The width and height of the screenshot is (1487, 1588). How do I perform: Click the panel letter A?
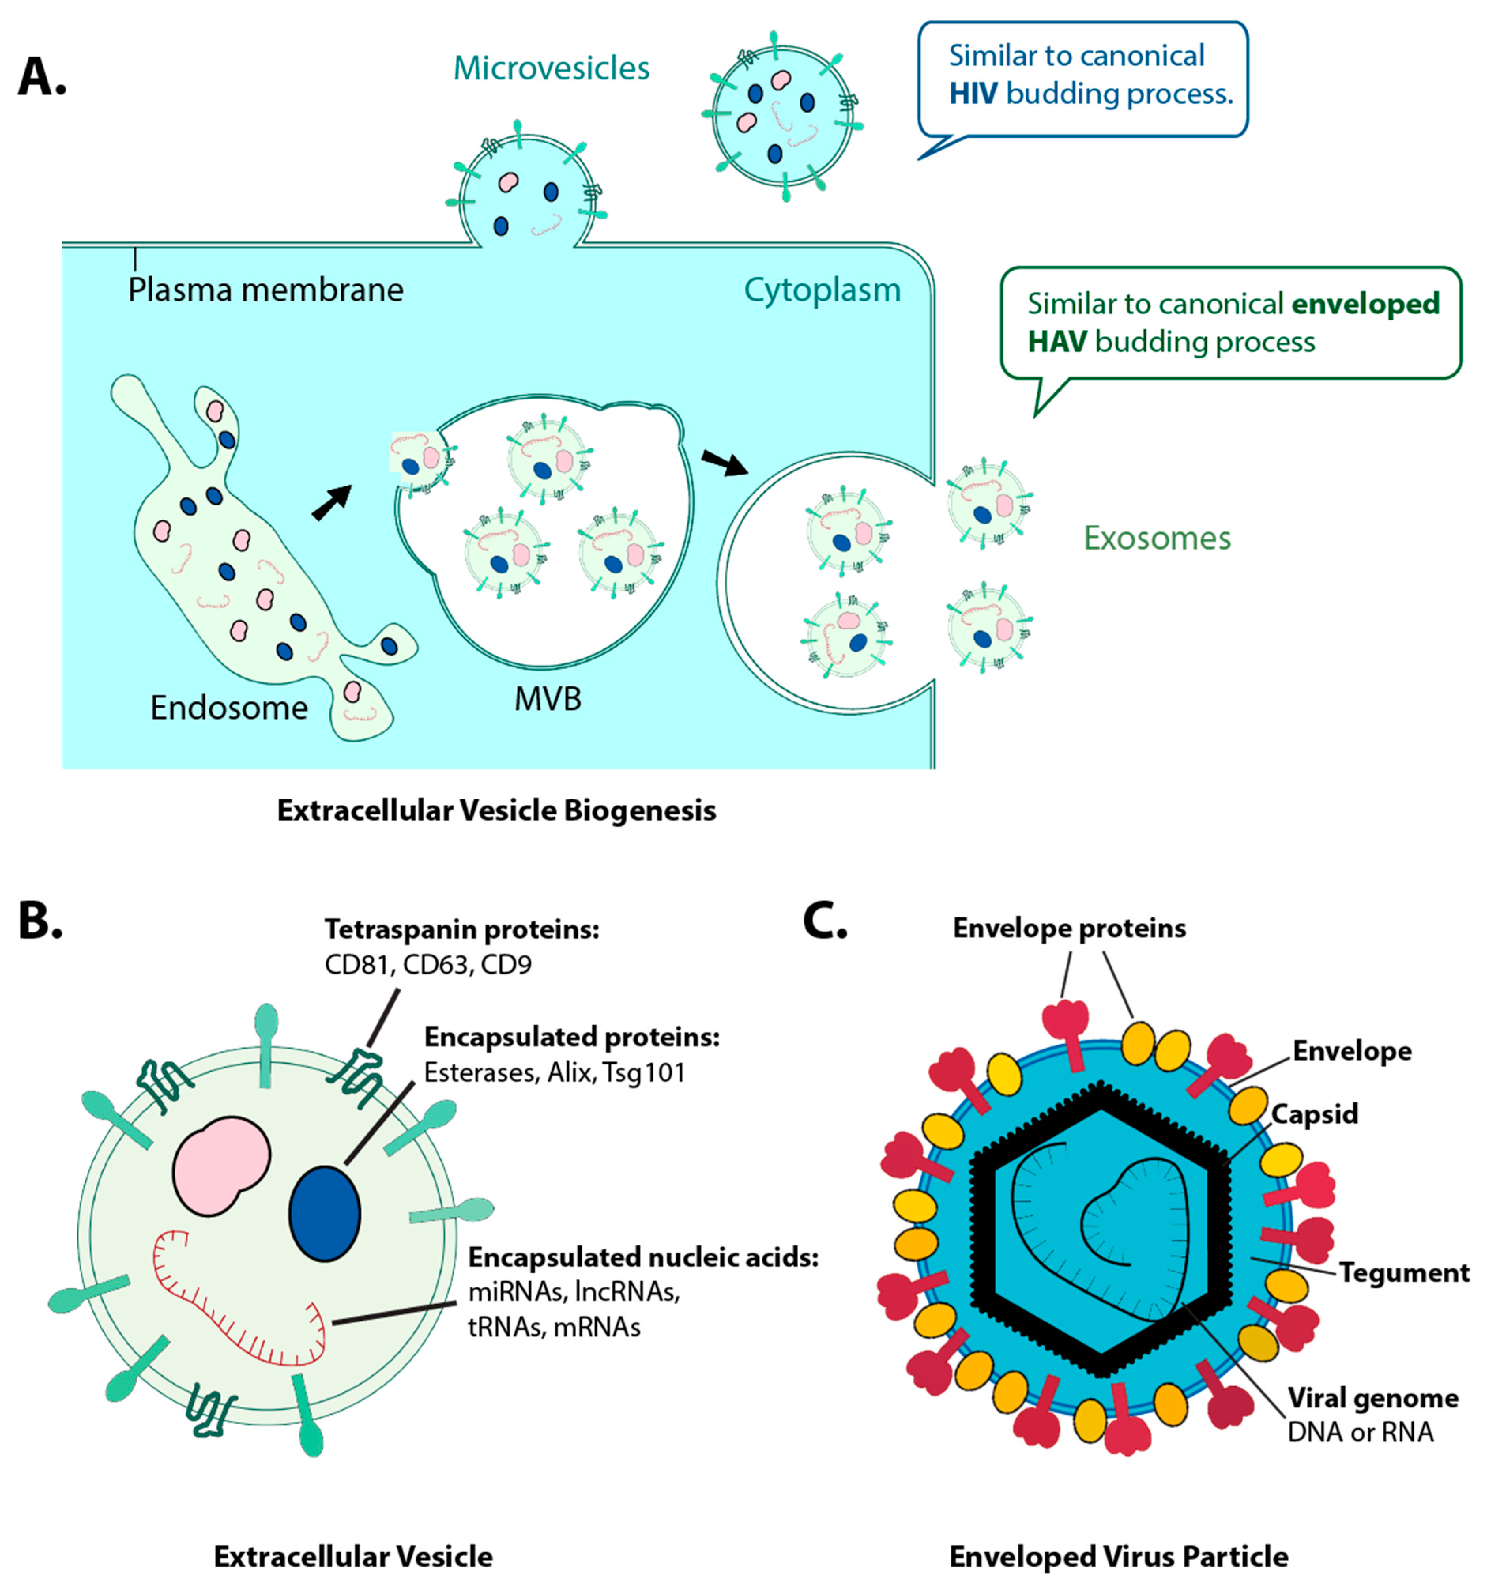coord(41,77)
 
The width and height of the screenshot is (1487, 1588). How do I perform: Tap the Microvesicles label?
coord(551,69)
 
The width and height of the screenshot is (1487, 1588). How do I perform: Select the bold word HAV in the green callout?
coord(1056,342)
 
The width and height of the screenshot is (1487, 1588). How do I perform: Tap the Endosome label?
coord(229,708)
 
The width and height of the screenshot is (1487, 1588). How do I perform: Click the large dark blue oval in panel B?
coord(324,1214)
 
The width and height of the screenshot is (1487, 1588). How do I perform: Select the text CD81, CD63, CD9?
coord(428,965)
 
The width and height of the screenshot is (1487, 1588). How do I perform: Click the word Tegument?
coord(1403,1272)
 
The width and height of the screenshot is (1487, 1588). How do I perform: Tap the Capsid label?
coord(1314,1114)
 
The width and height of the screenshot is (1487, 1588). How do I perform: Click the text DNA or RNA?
coord(1360,1432)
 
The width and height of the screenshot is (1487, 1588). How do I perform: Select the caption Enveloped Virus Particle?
coord(1118,1557)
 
